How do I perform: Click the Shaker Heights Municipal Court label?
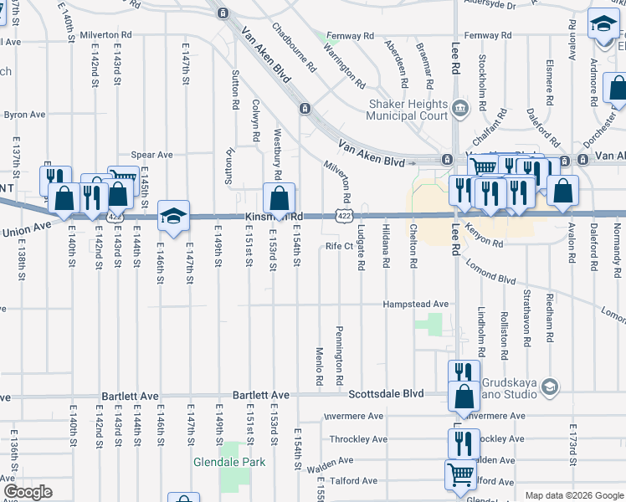pyautogui.click(x=408, y=109)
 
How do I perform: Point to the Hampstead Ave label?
pyautogui.click(x=416, y=305)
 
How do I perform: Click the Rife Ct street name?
pyautogui.click(x=340, y=246)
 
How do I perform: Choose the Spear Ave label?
pyautogui.click(x=157, y=155)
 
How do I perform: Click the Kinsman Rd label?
pyautogui.click(x=273, y=217)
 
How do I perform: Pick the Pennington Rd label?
pyautogui.click(x=340, y=356)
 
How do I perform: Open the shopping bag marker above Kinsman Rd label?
pyautogui.click(x=279, y=199)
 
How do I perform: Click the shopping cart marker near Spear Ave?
pyautogui.click(x=124, y=180)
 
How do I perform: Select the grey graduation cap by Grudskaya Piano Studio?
pyautogui.click(x=550, y=386)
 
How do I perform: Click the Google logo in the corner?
pyautogui.click(x=28, y=492)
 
